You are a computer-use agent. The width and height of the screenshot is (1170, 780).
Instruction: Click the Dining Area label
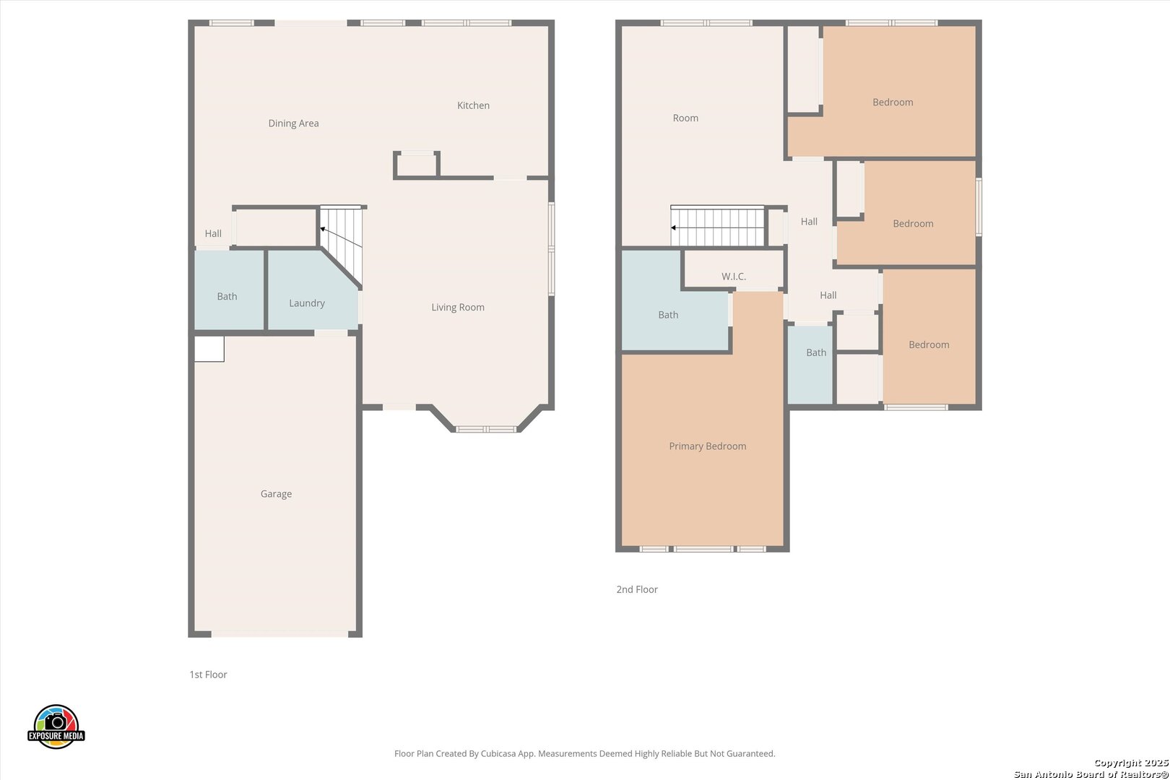pos(293,123)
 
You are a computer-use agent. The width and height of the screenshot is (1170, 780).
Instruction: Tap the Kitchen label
pos(473,105)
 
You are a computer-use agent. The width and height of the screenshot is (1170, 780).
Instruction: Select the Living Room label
pos(458,307)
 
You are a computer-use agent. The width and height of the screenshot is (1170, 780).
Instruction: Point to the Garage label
pos(276,494)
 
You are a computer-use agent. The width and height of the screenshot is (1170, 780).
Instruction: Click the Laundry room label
pos(307,303)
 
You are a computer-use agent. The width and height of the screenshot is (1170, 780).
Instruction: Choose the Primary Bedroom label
pos(707,446)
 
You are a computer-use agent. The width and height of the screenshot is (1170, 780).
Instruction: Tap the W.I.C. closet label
pos(733,277)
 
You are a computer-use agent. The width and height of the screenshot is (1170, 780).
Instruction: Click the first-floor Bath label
pos(227,296)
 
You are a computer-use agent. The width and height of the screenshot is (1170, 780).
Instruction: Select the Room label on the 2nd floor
pos(685,118)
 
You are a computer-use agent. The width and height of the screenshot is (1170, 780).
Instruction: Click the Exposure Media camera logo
pos(56,726)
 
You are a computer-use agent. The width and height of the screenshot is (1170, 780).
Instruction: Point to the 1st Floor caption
pos(208,675)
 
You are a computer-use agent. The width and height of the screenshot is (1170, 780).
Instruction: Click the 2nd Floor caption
pos(637,589)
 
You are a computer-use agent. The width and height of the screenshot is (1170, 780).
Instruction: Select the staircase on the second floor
pos(717,225)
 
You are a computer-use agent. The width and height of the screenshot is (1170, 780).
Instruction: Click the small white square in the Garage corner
pos(209,349)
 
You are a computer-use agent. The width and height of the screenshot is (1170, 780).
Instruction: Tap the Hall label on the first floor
pos(213,233)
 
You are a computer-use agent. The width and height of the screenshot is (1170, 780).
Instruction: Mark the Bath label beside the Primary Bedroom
pos(668,315)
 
